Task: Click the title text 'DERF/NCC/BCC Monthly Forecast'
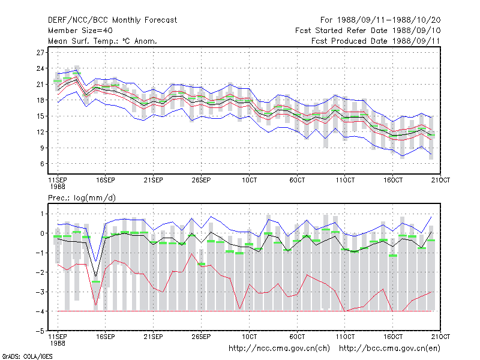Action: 112,20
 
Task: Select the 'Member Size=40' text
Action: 80,31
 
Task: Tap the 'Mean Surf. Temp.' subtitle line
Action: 102,41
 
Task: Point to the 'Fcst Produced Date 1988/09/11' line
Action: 376,41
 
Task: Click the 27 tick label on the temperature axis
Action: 40,53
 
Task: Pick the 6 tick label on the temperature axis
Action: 42,164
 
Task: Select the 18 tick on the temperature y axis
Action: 40,100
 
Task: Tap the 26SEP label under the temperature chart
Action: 201,180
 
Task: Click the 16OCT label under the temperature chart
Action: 393,180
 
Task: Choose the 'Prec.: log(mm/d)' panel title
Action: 82,198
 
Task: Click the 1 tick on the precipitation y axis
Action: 42,214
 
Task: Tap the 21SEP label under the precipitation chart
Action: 154,337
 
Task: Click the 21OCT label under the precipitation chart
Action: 440,337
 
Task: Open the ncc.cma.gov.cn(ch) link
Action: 279,349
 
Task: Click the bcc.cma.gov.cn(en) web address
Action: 389,349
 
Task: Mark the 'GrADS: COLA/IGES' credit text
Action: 27,356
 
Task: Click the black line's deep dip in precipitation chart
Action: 96,276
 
